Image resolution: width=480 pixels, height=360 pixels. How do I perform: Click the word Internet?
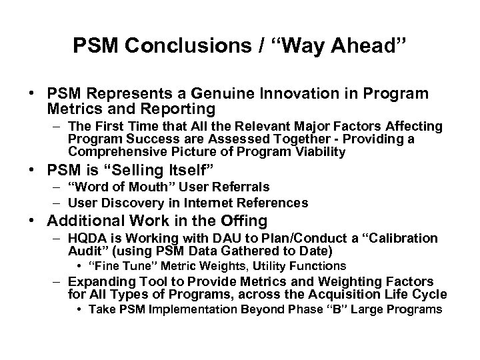[x=195, y=202]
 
